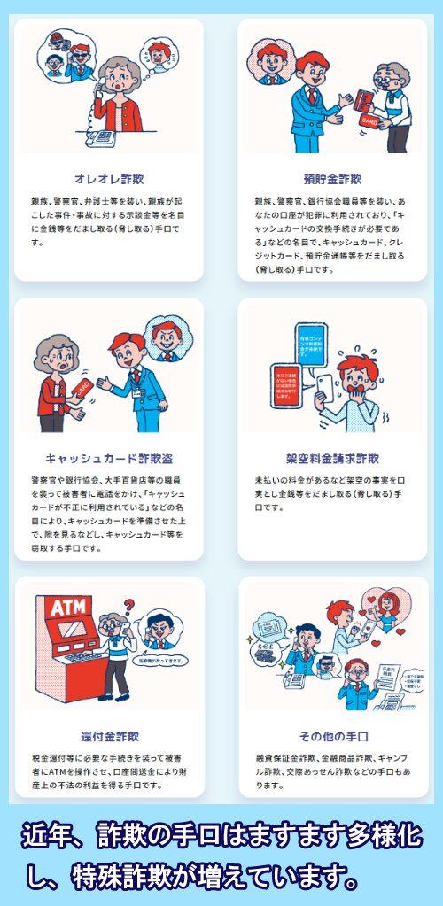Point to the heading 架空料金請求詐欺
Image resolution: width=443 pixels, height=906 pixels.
point(331,459)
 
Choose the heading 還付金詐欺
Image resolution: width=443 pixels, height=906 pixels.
point(109,736)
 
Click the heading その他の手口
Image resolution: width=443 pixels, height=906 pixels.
point(331,736)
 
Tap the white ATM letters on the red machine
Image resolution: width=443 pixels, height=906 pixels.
point(67,609)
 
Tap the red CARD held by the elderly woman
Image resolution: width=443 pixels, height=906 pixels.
point(82,389)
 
